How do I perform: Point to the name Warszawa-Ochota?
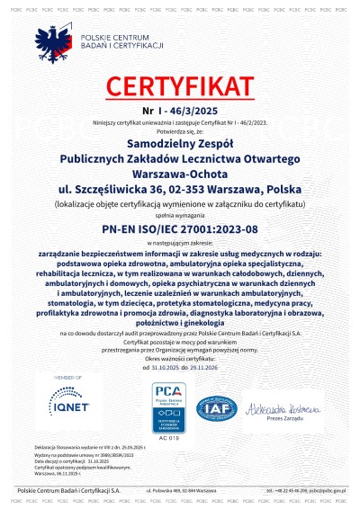179,176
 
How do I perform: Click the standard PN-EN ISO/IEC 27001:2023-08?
179,234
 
